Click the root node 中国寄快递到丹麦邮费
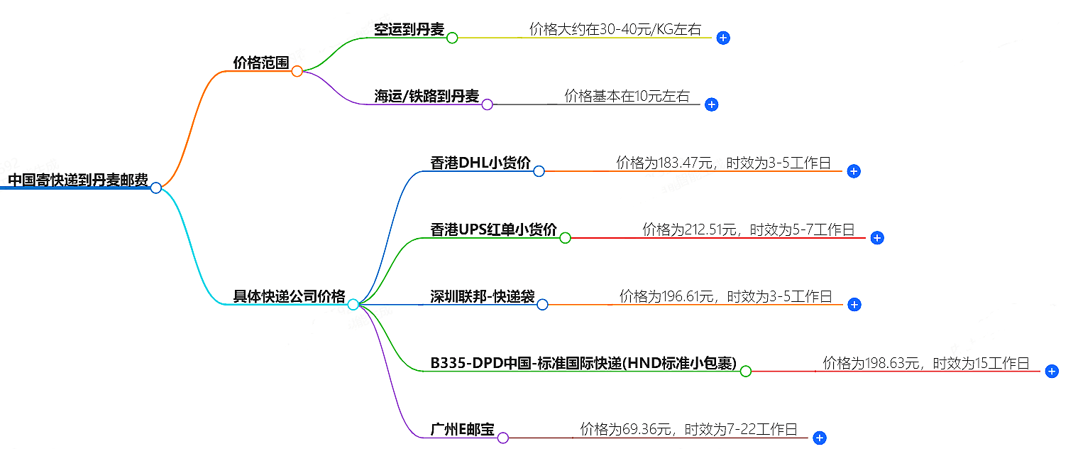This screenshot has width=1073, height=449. click(77, 179)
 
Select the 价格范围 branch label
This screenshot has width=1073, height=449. click(260, 63)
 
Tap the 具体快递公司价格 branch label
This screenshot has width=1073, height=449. click(289, 296)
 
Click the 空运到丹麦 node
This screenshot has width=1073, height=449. click(409, 29)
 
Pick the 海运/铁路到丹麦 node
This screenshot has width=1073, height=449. click(427, 96)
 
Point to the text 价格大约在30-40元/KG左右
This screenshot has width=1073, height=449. click(615, 29)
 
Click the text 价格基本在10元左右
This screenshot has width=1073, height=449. click(627, 96)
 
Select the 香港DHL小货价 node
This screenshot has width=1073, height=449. click(480, 163)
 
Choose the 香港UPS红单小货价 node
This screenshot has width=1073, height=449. click(493, 229)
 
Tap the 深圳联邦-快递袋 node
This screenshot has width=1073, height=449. click(482, 296)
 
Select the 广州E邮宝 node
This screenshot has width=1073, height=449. click(462, 430)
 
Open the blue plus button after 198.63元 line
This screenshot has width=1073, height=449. click(1052, 371)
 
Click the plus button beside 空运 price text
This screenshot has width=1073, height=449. click(722, 38)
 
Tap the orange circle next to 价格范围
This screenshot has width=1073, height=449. click(297, 71)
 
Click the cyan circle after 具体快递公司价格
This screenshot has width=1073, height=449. click(353, 304)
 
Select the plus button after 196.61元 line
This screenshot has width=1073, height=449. click(854, 304)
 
